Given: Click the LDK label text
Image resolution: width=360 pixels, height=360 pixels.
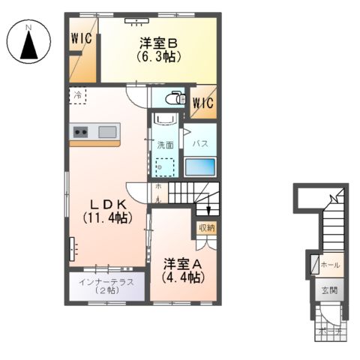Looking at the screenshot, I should (x=107, y=205).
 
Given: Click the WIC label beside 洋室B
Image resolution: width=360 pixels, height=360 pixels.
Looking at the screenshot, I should (x=82, y=39).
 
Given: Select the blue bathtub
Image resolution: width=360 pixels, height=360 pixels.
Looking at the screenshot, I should (x=200, y=166).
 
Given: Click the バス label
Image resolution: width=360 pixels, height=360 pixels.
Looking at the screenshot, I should (x=200, y=142).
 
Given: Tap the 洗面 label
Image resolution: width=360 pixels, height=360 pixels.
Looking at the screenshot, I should (x=165, y=145).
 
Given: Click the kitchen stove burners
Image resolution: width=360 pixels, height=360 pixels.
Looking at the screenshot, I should (x=80, y=133).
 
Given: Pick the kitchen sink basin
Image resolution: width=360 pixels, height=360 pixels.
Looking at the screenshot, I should (x=106, y=133).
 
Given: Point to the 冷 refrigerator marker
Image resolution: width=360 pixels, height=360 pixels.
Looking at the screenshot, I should (x=78, y=95).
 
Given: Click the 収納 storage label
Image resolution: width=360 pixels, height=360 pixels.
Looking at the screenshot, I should (x=206, y=227).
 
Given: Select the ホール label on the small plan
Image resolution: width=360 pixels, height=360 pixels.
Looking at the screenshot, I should (x=330, y=265).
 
